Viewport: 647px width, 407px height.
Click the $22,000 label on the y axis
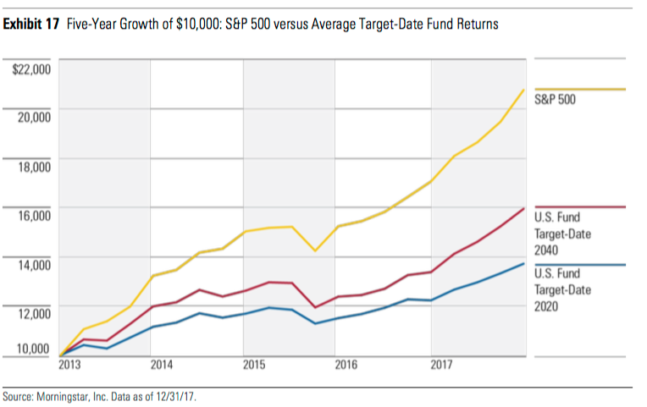point(31,68)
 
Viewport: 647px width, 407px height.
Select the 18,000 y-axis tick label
point(34,166)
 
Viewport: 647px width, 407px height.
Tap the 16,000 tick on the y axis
point(34,215)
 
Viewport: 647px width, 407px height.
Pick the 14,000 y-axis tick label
point(34,264)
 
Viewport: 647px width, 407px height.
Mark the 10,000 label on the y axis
point(34,348)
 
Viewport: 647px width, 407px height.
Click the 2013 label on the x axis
point(70,366)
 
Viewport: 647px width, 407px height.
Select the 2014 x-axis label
point(162,366)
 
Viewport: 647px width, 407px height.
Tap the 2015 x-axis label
point(256,366)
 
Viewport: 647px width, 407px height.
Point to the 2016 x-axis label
point(348,366)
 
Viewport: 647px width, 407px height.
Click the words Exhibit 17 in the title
point(31,25)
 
